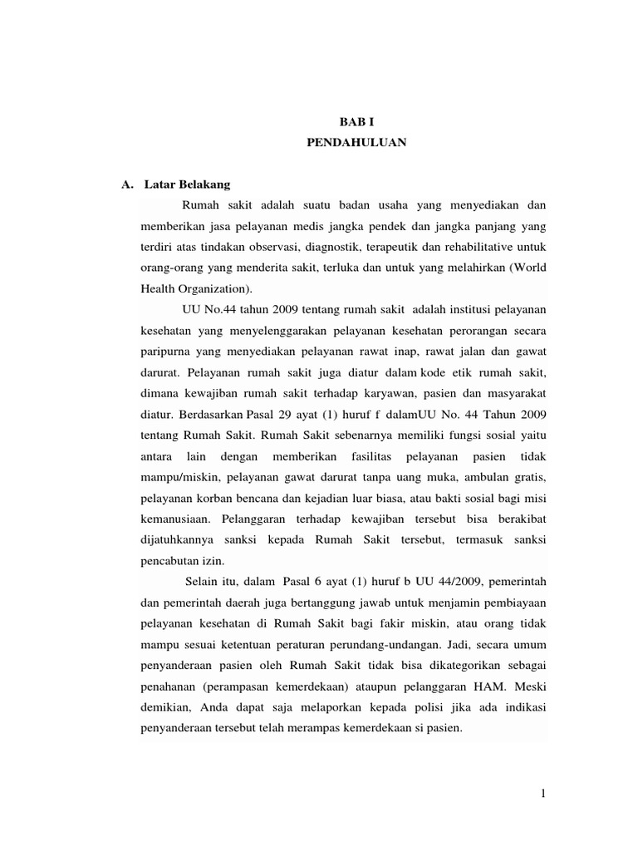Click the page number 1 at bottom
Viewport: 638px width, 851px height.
[542, 794]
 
